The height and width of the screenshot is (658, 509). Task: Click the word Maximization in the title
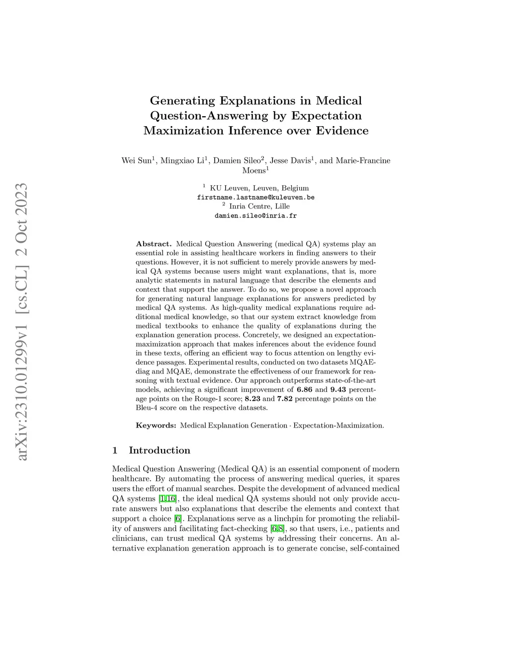point(183,131)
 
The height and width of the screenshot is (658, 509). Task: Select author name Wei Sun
point(136,160)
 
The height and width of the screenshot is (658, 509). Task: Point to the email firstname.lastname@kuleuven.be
point(255,197)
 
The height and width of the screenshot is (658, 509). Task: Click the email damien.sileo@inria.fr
point(255,216)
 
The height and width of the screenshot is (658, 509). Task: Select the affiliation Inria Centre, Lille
point(259,206)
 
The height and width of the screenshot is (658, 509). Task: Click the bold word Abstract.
point(154,244)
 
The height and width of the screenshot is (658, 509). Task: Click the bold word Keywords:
point(156,426)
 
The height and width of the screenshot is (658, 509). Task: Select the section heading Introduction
point(160,450)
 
